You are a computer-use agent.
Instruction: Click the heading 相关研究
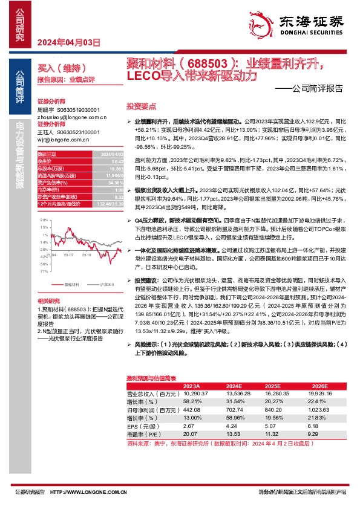point(49,301)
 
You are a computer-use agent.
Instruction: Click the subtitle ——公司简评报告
point(313,88)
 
